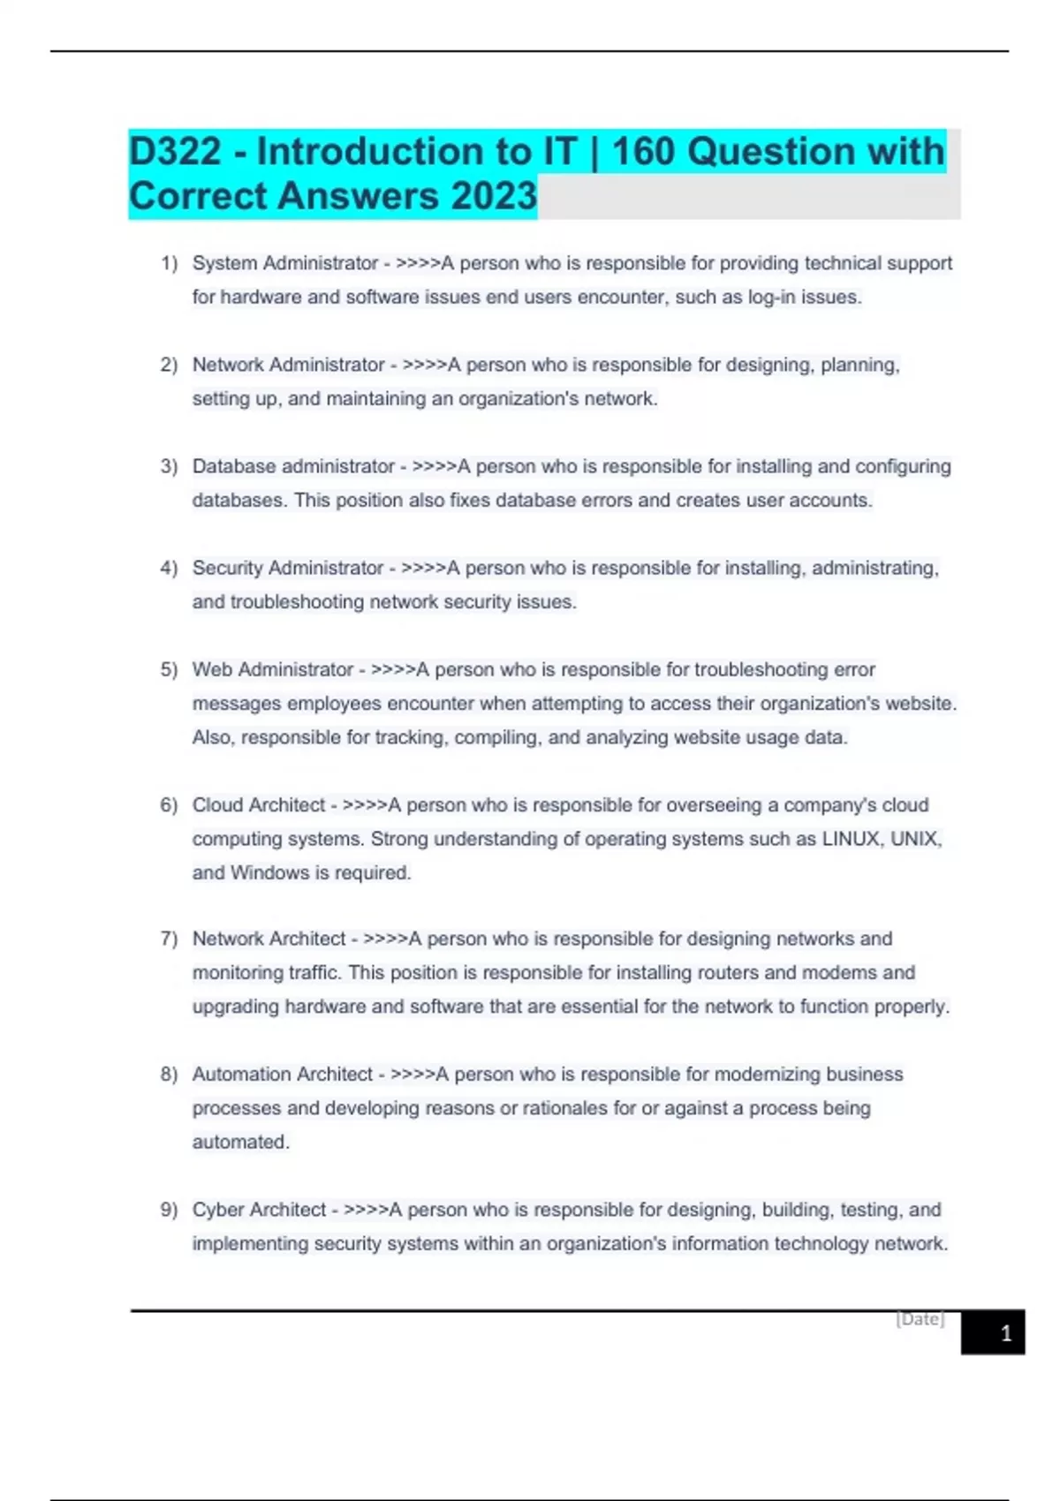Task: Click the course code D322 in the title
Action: point(176,152)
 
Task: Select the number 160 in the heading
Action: point(643,152)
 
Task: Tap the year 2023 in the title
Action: point(494,196)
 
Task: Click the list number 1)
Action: point(169,263)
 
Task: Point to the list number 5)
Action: point(169,669)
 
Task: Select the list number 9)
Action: point(169,1210)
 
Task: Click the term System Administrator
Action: point(285,263)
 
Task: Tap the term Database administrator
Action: point(293,466)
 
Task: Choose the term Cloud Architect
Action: point(259,805)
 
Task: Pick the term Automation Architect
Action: point(283,1075)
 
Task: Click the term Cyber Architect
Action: point(259,1210)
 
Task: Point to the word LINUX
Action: point(850,839)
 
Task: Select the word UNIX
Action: point(913,839)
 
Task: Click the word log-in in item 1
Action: point(771,298)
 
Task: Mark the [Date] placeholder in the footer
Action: point(920,1319)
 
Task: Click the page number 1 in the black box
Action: point(1005,1333)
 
